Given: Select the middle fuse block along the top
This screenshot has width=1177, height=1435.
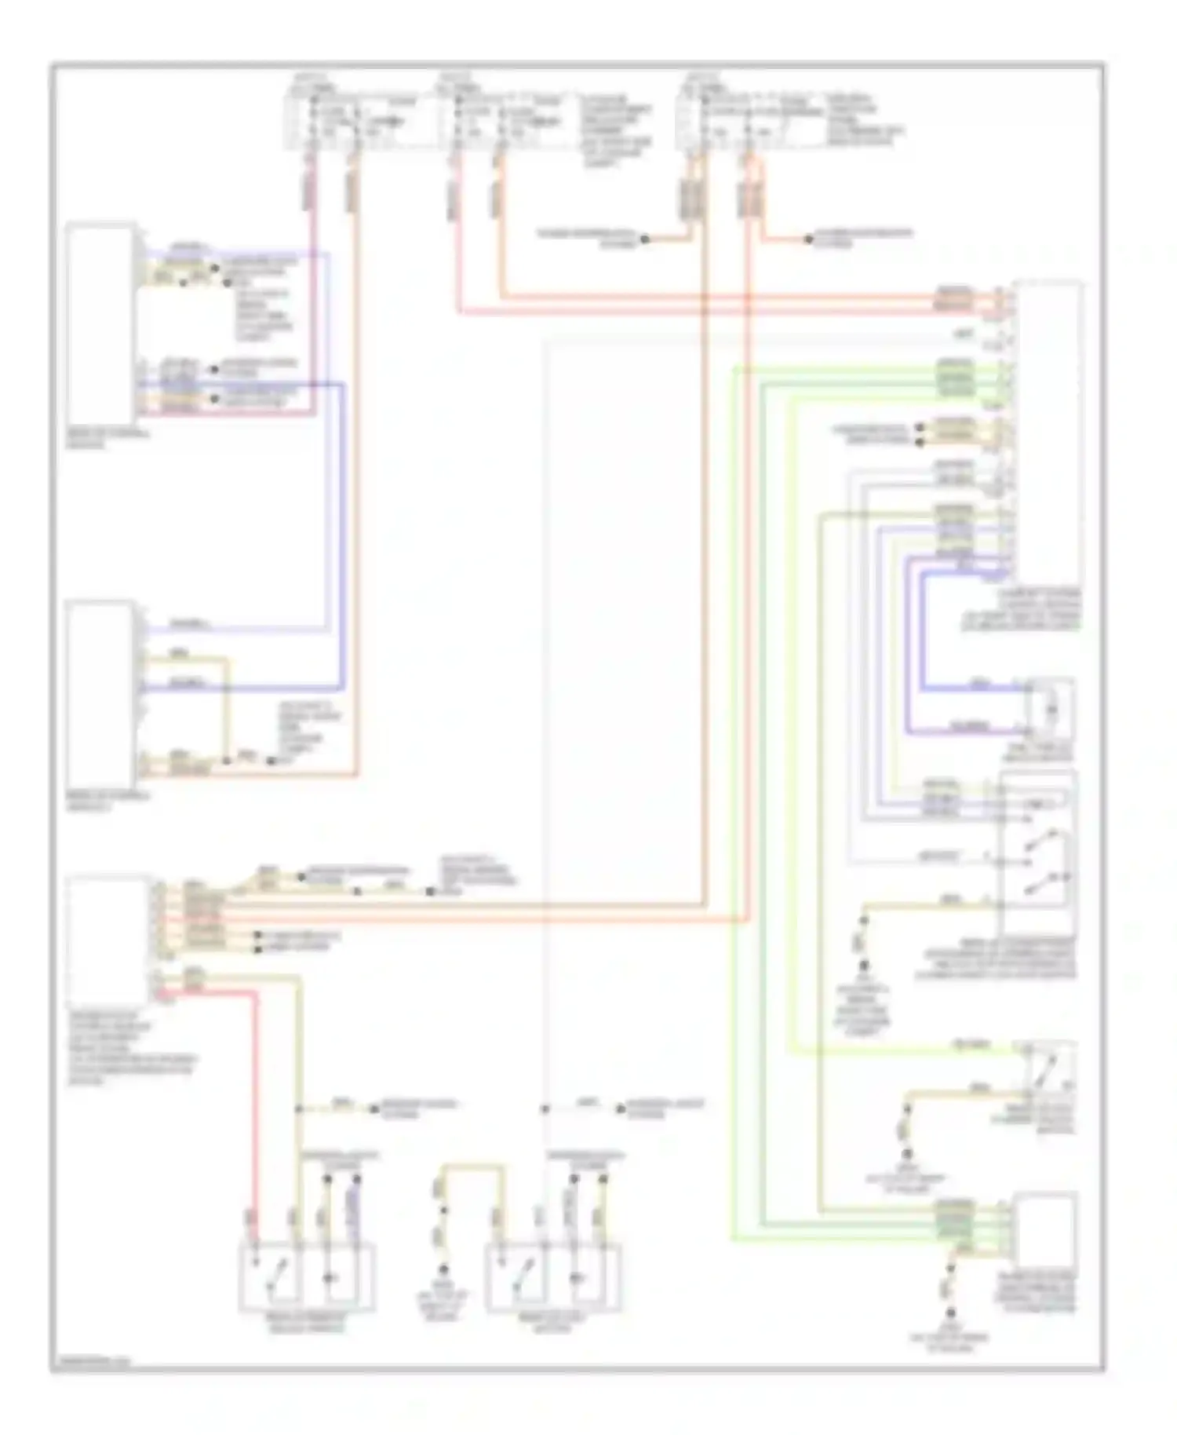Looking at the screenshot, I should [502, 122].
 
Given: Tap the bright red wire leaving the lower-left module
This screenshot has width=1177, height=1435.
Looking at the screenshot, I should [254, 1099].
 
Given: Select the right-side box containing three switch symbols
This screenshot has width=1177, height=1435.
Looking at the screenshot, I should [1037, 852].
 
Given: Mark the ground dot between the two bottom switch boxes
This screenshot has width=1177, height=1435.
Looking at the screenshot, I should [443, 1269].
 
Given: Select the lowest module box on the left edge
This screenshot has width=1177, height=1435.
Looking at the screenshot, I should [107, 938].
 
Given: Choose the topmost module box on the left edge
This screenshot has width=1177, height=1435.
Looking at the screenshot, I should [100, 324].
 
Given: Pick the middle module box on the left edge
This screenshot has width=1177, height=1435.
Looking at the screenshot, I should [100, 695].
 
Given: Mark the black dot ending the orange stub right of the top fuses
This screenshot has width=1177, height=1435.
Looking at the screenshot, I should [809, 239].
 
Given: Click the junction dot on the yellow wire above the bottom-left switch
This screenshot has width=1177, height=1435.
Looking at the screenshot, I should [299, 1109].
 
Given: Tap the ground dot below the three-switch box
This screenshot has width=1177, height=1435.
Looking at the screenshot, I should [863, 965].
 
